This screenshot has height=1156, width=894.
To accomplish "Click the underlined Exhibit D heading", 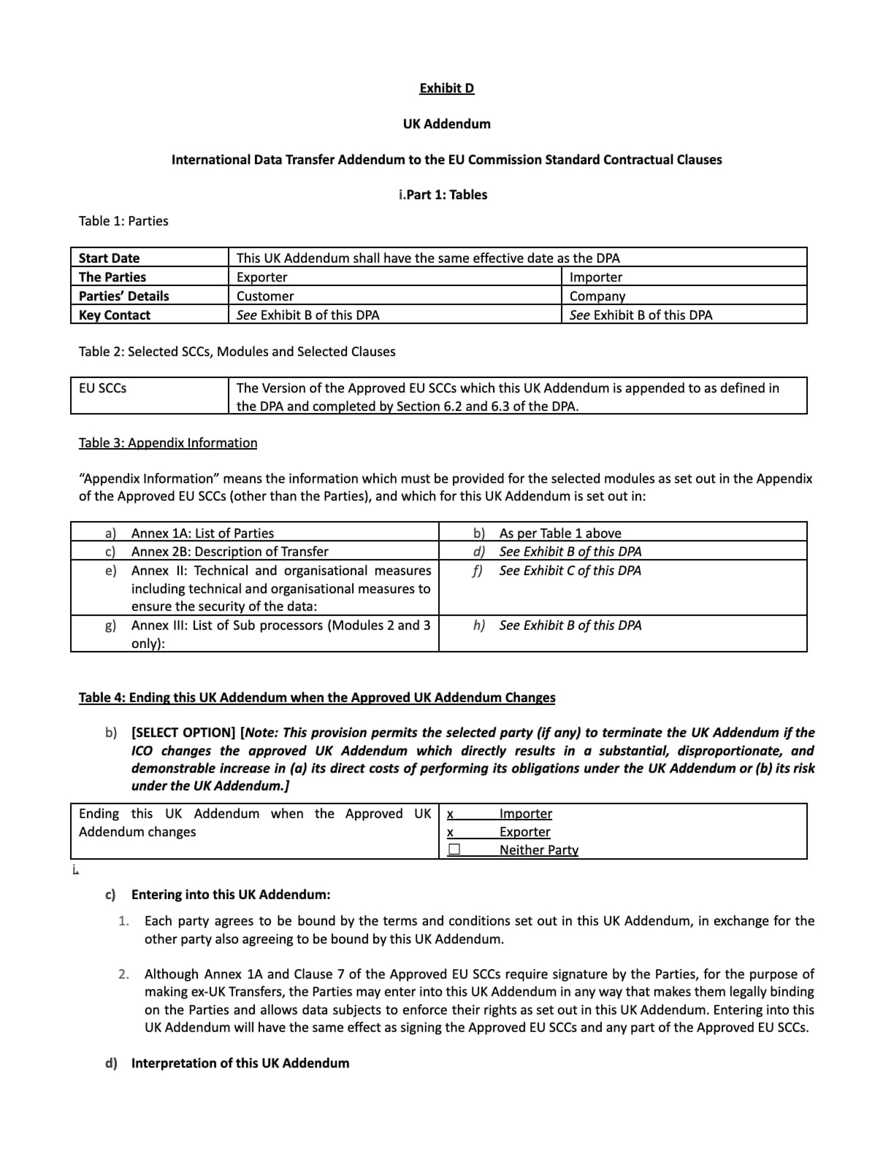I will click(446, 88).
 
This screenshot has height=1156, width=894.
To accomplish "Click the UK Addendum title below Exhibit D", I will click(446, 124).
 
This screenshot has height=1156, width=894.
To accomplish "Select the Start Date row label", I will click(109, 258).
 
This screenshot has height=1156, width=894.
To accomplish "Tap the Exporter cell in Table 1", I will click(261, 277).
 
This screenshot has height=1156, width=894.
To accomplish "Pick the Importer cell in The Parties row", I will click(596, 277).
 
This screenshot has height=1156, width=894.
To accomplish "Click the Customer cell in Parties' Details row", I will click(265, 296).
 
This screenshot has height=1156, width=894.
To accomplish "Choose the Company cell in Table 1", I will click(597, 296).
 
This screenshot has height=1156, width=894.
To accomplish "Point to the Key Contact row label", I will click(115, 315).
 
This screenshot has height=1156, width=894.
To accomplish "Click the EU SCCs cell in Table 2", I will click(102, 388).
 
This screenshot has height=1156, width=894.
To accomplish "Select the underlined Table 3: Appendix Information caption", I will click(168, 443).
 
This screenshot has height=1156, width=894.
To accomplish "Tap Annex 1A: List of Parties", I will click(202, 533).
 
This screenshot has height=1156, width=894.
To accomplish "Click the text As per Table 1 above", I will click(560, 533).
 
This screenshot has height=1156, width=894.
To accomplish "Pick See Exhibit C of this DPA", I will click(570, 571).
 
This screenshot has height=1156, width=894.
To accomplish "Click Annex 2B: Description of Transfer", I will click(229, 552).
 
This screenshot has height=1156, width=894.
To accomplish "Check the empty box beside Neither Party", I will click(454, 849).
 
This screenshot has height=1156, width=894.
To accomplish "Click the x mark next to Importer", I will click(450, 814).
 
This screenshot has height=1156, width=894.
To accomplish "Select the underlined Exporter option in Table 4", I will click(524, 832).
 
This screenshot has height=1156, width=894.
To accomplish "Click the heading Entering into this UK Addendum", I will click(230, 895).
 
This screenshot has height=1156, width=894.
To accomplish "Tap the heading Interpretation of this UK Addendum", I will click(240, 1063).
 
